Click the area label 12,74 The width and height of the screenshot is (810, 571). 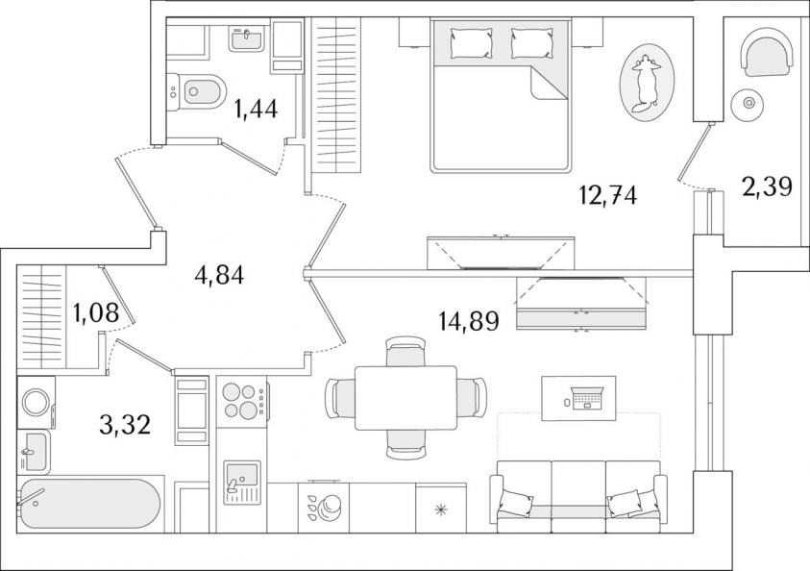(607, 195)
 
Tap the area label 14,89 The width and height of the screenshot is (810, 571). (469, 321)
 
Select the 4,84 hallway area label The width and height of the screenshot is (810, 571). (219, 275)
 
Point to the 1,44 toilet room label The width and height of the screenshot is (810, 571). (256, 109)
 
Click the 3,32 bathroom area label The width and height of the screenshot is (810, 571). (125, 424)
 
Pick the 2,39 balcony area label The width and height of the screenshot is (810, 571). (767, 186)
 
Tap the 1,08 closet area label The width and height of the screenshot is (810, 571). (97, 312)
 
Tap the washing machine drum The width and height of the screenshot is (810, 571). (36, 402)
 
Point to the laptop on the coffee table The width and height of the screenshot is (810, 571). (587, 397)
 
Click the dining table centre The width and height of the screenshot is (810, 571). (406, 398)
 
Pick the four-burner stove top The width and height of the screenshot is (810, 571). (242, 401)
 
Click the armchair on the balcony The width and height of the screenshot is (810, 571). (767, 52)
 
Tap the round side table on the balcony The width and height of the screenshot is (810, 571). (748, 104)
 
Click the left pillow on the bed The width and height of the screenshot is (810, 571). (471, 42)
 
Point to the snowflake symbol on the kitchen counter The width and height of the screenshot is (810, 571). (441, 510)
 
